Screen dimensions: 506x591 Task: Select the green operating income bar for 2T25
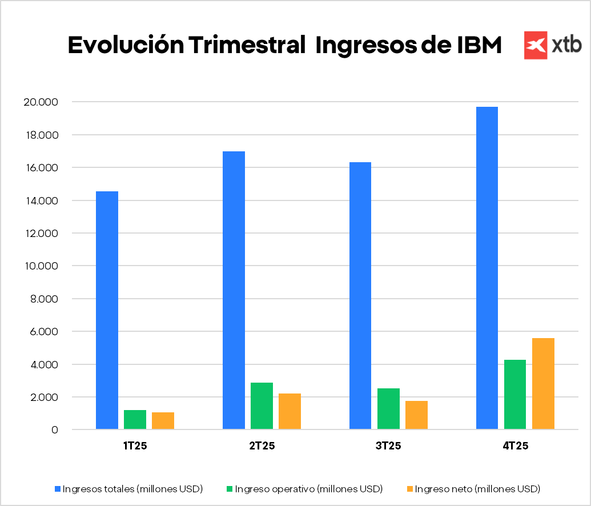262,405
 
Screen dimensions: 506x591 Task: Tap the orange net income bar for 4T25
543,383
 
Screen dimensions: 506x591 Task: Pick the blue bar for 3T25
360,295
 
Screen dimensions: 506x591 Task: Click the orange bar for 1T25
163,420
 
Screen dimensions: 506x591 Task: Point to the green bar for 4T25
515,394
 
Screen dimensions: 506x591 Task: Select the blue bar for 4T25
487,268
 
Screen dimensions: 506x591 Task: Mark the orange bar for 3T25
416,415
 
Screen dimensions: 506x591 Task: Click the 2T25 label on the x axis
262,446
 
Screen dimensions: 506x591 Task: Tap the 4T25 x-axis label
515,446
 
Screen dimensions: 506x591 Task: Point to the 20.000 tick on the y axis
41,102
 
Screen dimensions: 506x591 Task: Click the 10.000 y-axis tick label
41,266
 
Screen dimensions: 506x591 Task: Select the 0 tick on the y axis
54,430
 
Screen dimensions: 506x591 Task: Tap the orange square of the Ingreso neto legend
409,489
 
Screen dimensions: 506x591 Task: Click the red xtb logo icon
536,45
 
